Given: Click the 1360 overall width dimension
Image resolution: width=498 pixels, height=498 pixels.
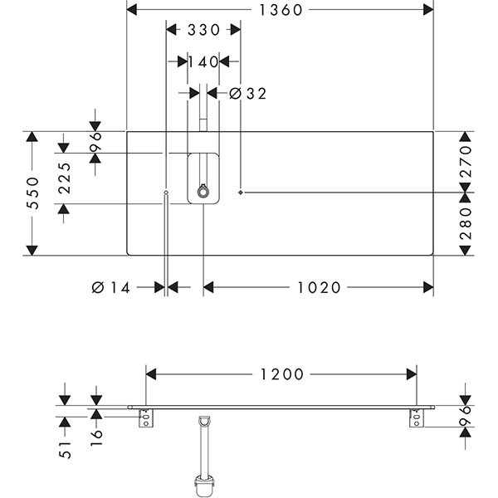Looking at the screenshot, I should [x=280, y=10].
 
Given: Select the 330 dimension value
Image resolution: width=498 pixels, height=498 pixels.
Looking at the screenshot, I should [x=203, y=31].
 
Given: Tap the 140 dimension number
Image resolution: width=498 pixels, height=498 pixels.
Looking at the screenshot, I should [x=203, y=61].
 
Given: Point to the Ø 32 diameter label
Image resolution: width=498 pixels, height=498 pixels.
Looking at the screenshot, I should [x=247, y=94].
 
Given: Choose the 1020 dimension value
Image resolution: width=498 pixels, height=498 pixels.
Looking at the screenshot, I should [x=319, y=287].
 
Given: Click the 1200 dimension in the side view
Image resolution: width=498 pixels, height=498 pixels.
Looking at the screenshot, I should [x=281, y=374].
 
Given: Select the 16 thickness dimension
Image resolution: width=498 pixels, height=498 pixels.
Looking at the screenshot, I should [x=96, y=434].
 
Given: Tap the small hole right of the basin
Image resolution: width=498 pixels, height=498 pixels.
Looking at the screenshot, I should [x=241, y=193].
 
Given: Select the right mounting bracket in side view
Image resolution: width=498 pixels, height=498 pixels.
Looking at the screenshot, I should [x=416, y=418].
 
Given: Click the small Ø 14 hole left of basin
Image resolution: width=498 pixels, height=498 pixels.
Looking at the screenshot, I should [x=167, y=193].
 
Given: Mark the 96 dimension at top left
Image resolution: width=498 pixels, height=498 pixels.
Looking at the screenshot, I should [x=95, y=137].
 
